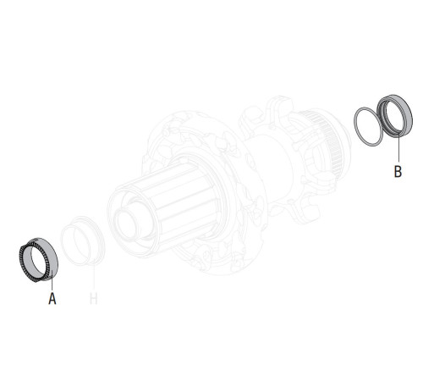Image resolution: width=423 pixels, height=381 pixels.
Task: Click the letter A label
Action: (x=52, y=299)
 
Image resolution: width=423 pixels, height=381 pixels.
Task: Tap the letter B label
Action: (x=398, y=171)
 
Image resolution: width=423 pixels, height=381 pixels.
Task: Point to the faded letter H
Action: (x=94, y=299)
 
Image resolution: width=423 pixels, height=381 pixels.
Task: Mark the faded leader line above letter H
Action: (x=91, y=276)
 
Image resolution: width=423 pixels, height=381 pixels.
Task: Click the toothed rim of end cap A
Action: (x=25, y=255)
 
